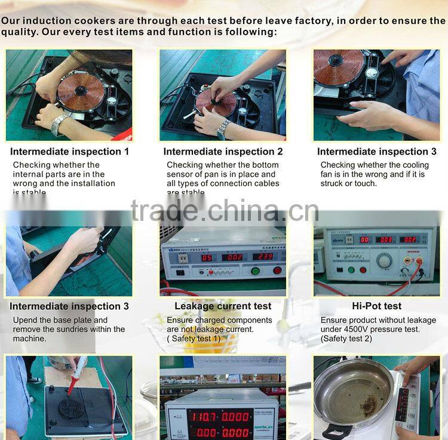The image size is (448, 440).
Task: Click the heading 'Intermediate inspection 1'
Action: pyautogui.click(x=69, y=152)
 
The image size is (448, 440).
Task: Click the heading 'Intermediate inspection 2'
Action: pyautogui.click(x=223, y=152)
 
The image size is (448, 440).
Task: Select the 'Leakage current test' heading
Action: pyautogui.click(x=223, y=306)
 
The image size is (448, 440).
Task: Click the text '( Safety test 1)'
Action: pyautogui.click(x=194, y=338)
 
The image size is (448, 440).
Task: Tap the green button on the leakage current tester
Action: pyautogui.click(x=255, y=270)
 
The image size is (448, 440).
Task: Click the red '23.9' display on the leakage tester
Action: pyautogui.click(x=263, y=257)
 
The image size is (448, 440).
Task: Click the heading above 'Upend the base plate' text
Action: pyautogui.click(x=69, y=306)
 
